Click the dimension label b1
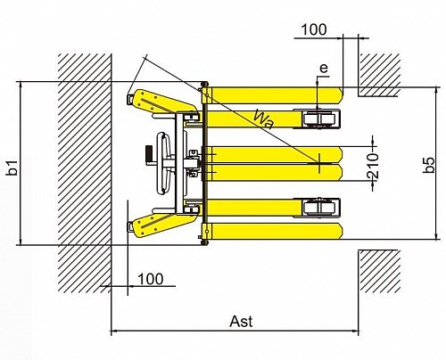point(12,168)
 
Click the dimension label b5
point(429,165)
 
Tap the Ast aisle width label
point(241,322)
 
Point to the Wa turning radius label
point(263,119)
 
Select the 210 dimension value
point(373,166)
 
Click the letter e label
point(324,68)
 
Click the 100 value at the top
point(314,29)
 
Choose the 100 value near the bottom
point(151,279)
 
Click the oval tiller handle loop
point(163,163)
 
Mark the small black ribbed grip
point(149,155)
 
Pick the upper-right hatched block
point(379,75)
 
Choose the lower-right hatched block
point(379,272)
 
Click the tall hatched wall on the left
point(85,174)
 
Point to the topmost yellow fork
point(273,95)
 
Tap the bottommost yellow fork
point(273,232)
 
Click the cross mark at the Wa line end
point(319,163)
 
